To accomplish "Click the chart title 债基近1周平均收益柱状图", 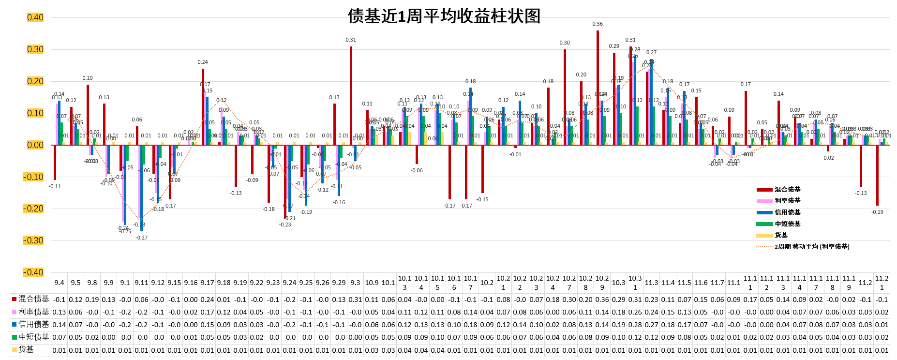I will [x=444, y=16].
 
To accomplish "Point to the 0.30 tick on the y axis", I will [x=35, y=49].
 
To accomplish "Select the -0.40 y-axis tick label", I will [x=33, y=272].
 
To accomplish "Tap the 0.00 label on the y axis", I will [x=35, y=145].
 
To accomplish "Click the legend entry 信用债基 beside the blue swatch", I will [x=787, y=212].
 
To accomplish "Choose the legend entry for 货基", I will [x=781, y=235].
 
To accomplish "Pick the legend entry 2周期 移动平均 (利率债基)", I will [x=811, y=247].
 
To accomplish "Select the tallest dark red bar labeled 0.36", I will [x=598, y=88].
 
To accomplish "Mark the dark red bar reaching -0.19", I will [x=877, y=175].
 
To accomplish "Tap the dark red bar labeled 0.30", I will [x=565, y=97].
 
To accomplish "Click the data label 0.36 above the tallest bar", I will [x=598, y=24].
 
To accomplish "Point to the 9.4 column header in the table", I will [x=59, y=283].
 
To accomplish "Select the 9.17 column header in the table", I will [x=207, y=283].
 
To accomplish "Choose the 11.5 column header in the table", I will [x=684, y=283].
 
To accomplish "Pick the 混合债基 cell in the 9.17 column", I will [x=207, y=300].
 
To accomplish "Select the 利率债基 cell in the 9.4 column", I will [x=59, y=312].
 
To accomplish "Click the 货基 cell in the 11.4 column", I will [x=668, y=350].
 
